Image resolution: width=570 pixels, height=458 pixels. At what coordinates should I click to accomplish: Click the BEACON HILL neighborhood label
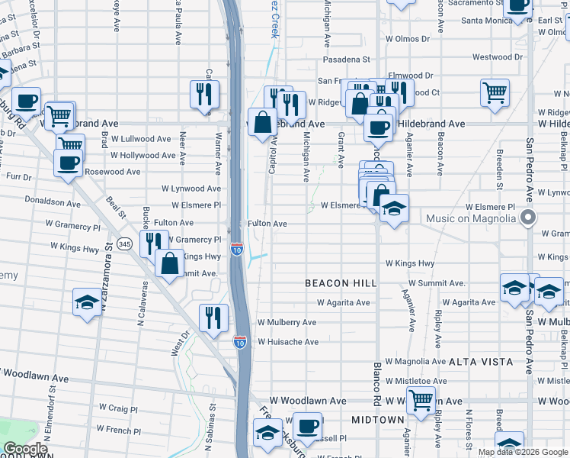point(341,283)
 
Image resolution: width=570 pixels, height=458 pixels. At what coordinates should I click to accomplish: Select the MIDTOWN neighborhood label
point(377,420)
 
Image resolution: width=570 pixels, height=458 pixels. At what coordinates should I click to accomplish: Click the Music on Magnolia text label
point(470,220)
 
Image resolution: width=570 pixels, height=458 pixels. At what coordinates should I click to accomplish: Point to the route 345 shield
point(125,244)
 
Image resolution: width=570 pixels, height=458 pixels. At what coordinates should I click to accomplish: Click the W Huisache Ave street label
point(288,342)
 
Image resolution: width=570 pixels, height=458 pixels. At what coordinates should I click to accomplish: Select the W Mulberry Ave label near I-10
point(287,323)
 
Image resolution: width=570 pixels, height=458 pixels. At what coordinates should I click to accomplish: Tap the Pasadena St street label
point(346,59)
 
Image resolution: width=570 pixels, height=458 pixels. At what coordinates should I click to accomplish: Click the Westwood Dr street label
point(498,57)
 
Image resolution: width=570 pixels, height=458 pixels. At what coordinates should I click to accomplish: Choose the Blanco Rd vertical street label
point(376,385)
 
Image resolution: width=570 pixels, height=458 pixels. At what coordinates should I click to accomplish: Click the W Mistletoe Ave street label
point(416,381)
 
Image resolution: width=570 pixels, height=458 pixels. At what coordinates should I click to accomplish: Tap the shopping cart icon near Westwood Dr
point(495,93)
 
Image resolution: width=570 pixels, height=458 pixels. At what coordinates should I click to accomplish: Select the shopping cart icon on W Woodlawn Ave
point(420,399)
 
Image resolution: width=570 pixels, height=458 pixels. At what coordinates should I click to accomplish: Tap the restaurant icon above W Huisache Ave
point(213,317)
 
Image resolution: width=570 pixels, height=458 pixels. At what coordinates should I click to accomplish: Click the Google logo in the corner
point(25,449)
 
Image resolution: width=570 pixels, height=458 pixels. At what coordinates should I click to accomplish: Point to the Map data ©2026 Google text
point(522,452)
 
